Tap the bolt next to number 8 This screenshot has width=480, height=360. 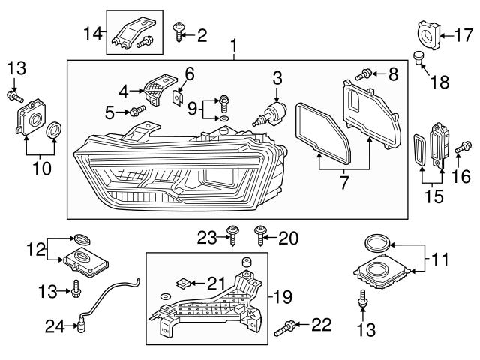(x=364, y=73)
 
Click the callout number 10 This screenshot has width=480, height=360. (x=42, y=168)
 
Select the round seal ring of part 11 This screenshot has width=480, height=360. (x=378, y=243)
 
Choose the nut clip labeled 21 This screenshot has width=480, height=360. (x=181, y=283)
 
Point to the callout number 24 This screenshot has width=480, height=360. (x=53, y=325)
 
